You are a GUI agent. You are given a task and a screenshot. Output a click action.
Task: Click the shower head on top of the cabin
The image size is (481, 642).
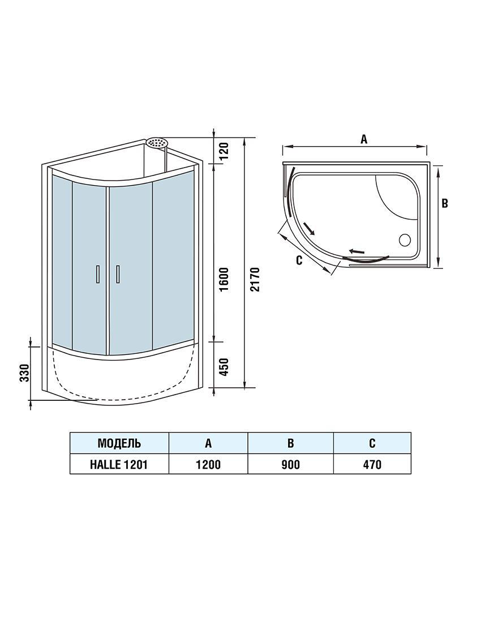[x=157, y=143]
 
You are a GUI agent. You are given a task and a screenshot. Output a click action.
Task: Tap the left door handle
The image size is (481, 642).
[x=97, y=274]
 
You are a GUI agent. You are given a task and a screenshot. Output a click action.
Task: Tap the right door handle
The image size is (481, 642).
[x=118, y=274]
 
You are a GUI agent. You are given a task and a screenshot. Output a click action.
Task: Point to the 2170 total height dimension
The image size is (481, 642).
[x=255, y=280]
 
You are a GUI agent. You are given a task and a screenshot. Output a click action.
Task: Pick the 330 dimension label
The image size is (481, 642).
[x=24, y=372]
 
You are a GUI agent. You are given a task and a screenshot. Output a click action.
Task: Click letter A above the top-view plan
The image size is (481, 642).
[x=363, y=139]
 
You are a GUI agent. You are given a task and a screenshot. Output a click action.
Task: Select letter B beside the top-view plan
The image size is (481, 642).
[x=445, y=203]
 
